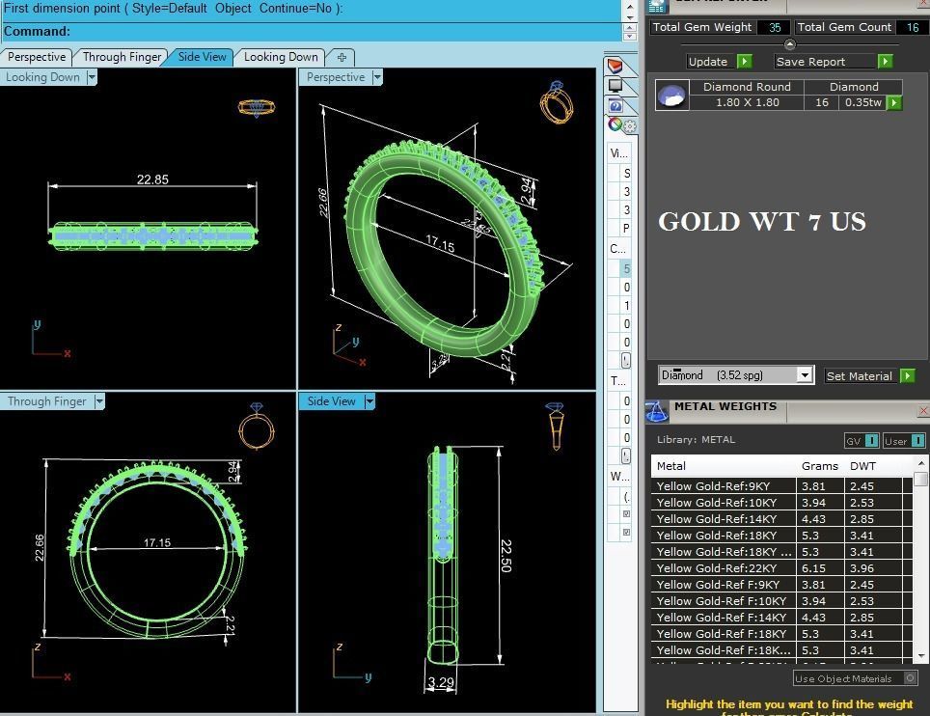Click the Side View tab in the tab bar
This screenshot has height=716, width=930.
pyautogui.click(x=202, y=57)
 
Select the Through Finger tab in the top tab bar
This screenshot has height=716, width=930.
pyautogui.click(x=122, y=57)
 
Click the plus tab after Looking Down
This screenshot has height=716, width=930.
pyautogui.click(x=342, y=57)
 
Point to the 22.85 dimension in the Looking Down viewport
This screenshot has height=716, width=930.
pyautogui.click(x=152, y=179)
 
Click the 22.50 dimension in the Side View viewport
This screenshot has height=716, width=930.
pyautogui.click(x=506, y=556)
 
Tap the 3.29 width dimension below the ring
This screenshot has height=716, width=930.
pyautogui.click(x=441, y=683)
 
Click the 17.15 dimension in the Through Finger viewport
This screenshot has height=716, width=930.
pyautogui.click(x=156, y=543)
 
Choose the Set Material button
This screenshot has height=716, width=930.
pyautogui.click(x=859, y=376)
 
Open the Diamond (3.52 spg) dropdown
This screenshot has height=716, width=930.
pyautogui.click(x=805, y=375)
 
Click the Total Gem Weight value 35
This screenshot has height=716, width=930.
pyautogui.click(x=775, y=28)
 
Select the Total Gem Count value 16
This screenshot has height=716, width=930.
pyautogui.click(x=912, y=28)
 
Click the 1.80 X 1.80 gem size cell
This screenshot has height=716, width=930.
pyautogui.click(x=747, y=102)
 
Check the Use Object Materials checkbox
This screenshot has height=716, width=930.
pyautogui.click(x=910, y=678)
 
